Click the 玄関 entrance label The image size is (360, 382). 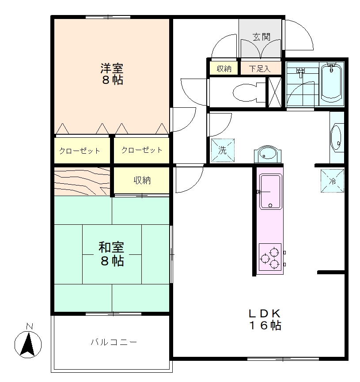pos(261,37)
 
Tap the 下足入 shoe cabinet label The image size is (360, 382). pos(260,69)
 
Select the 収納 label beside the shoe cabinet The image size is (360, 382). pos(224,69)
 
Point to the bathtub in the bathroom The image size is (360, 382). pos(331,84)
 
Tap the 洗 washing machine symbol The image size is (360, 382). pos(223,150)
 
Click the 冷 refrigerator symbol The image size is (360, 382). pos(332,181)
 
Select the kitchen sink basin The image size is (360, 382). pos(270,192)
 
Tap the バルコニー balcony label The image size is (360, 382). pos(114,342)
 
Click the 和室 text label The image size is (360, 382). pos(111,247)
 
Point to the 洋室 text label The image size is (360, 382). pos(112,68)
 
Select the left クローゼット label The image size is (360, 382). pos(80,151)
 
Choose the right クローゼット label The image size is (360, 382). pos(142,150)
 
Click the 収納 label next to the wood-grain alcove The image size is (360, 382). pos(142,180)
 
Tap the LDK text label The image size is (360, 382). pos(265,313)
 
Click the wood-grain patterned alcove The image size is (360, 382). pos(82,181)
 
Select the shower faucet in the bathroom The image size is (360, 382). pos(300,72)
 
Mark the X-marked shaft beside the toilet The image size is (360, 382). pos(275,92)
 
